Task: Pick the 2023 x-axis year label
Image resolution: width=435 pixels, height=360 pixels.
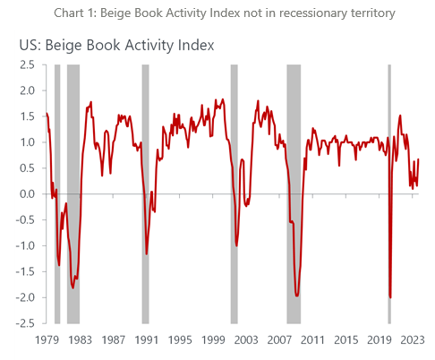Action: point(413,339)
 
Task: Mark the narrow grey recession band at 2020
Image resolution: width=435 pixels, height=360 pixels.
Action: point(389,193)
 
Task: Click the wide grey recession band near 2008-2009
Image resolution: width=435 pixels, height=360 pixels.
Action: point(294,193)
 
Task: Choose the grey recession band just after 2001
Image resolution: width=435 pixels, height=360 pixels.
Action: point(235,193)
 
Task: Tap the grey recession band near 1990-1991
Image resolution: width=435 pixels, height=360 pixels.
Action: point(146,193)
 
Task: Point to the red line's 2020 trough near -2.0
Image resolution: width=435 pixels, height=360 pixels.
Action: point(390,297)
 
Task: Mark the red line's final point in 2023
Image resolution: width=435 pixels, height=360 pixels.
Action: point(419,159)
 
